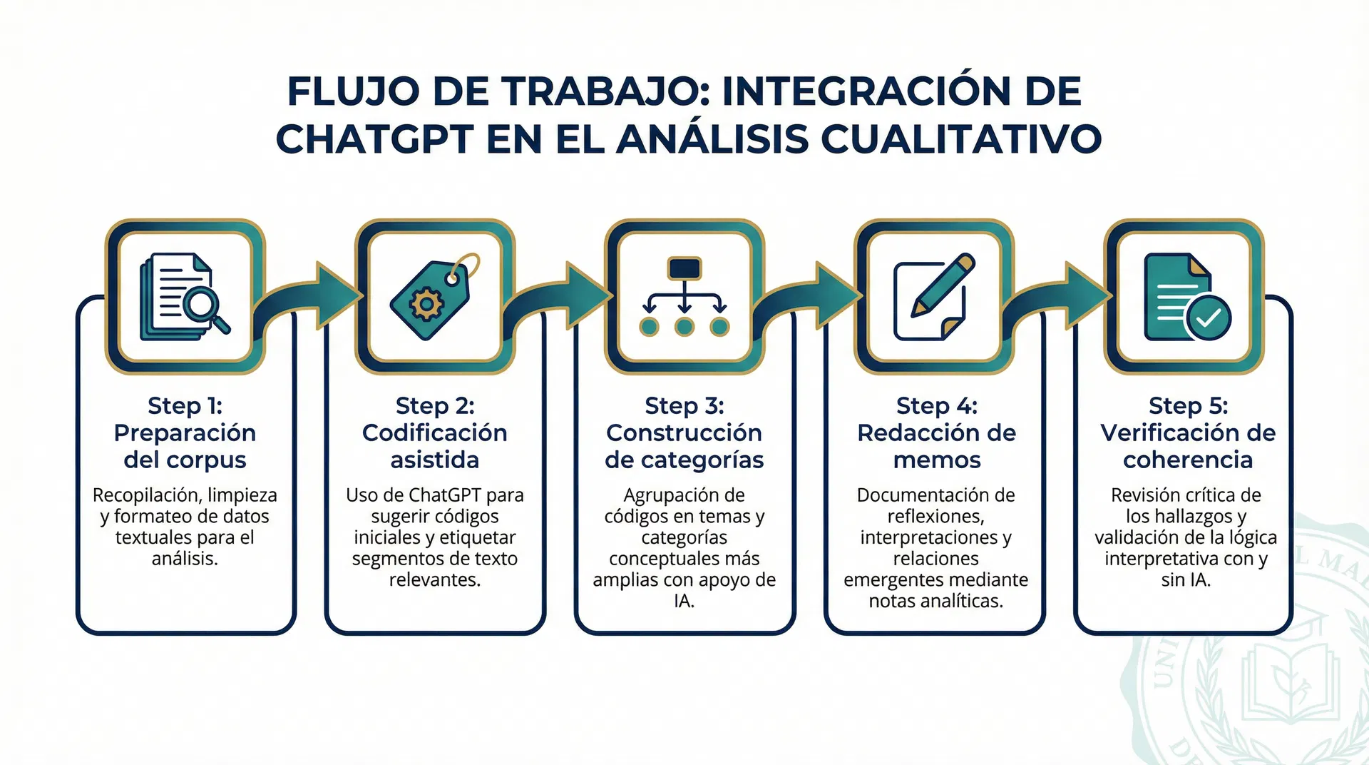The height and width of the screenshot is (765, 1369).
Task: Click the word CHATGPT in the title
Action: (374, 139)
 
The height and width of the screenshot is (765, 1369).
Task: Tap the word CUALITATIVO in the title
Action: (961, 139)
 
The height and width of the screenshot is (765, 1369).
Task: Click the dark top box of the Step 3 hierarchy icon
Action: (684, 268)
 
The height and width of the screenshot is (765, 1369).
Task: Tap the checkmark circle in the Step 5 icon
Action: (1208, 318)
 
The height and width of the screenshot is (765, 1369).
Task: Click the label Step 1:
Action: (185, 405)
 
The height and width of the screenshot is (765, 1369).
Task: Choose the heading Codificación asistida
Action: (434, 446)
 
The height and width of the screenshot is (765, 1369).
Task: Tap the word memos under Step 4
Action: (936, 460)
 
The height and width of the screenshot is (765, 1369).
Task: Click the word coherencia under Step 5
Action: (1187, 460)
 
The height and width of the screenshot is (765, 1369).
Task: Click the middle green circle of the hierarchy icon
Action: (684, 328)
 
